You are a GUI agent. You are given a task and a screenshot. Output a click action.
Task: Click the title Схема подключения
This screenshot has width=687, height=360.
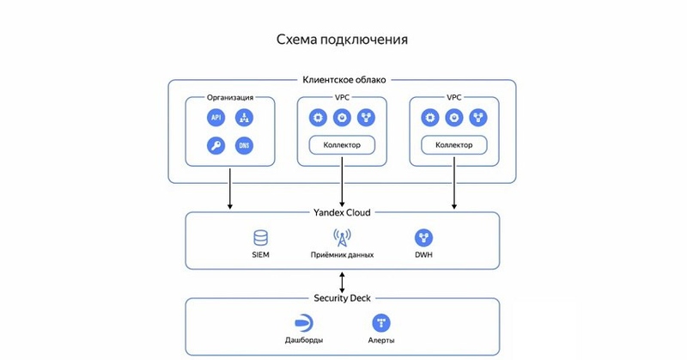click(342, 40)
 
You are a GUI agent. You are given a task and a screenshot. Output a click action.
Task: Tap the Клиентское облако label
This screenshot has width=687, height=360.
click(342, 80)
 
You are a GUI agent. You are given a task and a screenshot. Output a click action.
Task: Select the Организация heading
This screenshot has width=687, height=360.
click(230, 98)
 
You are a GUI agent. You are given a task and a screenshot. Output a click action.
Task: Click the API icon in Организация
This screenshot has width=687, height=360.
click(216, 118)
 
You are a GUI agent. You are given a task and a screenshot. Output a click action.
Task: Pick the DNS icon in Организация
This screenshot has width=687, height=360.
click(244, 145)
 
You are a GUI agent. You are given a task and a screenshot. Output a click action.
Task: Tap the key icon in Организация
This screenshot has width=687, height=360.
click(216, 145)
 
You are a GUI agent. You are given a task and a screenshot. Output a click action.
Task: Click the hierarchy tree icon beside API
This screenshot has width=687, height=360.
click(244, 118)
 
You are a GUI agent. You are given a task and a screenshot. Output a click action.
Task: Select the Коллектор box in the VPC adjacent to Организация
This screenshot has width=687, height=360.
click(342, 144)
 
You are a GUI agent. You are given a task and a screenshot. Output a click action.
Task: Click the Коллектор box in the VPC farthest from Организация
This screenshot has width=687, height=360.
click(454, 144)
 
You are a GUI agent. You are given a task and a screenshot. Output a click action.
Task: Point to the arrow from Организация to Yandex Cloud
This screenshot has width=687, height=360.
click(230, 189)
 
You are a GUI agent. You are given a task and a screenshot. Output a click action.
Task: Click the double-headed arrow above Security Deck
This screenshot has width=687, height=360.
click(342, 281)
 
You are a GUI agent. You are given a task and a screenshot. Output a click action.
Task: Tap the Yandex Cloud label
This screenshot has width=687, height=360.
click(342, 212)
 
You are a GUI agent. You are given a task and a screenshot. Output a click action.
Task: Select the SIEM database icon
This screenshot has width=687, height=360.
click(261, 238)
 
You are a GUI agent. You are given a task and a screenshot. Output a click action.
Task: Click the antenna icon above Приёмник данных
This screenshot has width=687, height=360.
click(342, 238)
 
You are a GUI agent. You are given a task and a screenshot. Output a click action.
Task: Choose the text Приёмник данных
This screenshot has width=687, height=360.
click(342, 255)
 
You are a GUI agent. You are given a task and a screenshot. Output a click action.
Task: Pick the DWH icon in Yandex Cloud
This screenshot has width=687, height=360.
click(423, 238)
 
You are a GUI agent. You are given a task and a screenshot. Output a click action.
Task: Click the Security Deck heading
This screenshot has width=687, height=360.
click(342, 298)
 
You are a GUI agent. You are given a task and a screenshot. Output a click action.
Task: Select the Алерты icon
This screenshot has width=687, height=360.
click(382, 323)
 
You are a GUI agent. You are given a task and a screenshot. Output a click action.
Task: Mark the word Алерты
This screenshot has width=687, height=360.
click(382, 341)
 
